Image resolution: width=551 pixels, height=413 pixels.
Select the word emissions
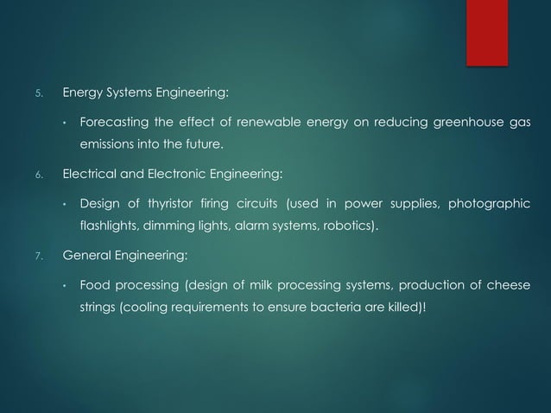tap(106, 143)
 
